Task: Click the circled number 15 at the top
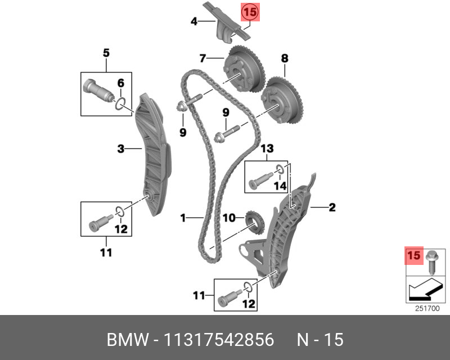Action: (x=250, y=11)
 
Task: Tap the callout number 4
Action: (x=193, y=22)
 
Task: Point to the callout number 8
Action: (x=285, y=58)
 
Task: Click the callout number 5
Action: (x=106, y=53)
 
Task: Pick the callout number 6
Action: (x=120, y=83)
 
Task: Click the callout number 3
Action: (x=120, y=149)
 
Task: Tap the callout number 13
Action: (x=266, y=148)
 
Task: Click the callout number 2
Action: (x=332, y=208)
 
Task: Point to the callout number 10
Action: (x=228, y=217)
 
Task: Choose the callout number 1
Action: (x=183, y=217)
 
